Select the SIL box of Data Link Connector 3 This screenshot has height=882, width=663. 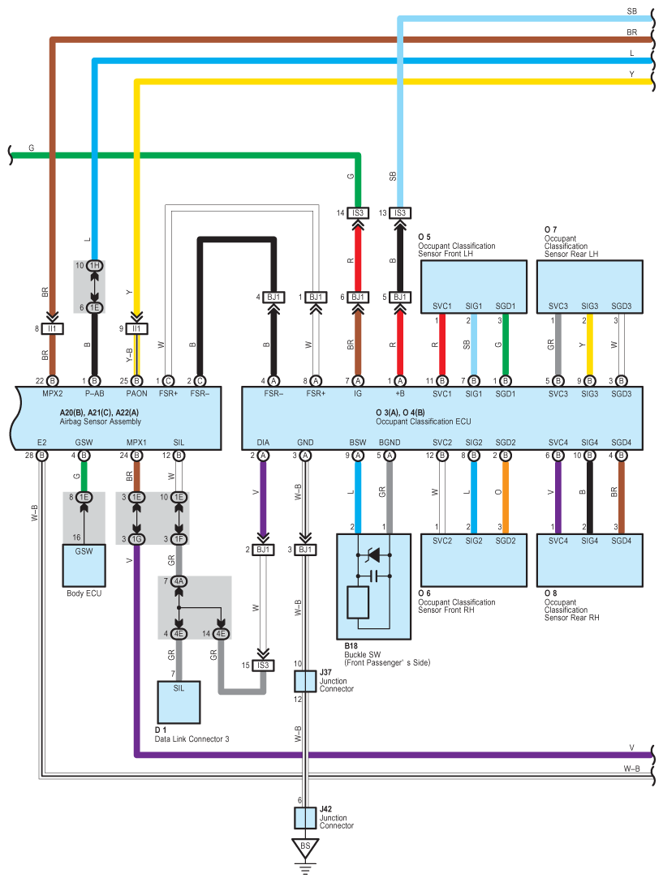click(179, 702)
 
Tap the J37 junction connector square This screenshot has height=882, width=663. click(305, 681)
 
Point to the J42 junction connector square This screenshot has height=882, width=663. click(305, 817)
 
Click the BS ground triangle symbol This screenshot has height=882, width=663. click(305, 849)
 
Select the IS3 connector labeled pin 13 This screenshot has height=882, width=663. click(399, 212)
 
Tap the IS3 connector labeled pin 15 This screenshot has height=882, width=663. click(263, 665)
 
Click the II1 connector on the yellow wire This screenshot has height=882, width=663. click(136, 328)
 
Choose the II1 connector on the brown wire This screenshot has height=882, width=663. click(53, 328)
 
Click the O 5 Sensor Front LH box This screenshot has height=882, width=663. click(474, 286)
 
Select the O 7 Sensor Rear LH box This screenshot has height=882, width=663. click(590, 286)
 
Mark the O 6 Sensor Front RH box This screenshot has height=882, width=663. click(474, 559)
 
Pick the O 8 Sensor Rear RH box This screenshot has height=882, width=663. click(590, 559)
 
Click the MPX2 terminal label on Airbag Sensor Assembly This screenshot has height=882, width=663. click(52, 393)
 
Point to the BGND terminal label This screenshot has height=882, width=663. click(390, 442)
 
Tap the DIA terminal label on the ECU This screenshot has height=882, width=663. click(263, 442)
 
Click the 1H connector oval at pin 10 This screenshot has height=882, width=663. click(95, 266)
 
